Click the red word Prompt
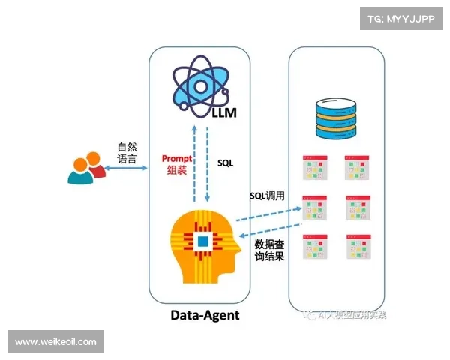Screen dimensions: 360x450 pos(177,159)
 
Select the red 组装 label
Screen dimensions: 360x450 pos(177,172)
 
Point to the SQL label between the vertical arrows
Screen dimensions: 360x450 pos(226,162)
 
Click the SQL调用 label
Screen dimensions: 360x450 pos(268,196)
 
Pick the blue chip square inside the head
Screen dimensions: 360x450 pos(202,241)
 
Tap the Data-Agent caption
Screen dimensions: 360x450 pos(204,315)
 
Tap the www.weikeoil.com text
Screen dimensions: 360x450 pos(55,342)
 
